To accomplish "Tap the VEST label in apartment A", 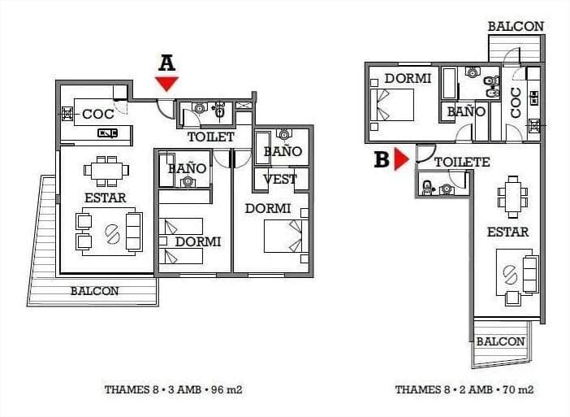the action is coord(280,180).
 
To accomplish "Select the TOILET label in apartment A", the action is coord(211,137).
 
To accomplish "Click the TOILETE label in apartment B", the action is coord(462,162).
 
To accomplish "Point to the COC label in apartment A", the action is coord(98,115).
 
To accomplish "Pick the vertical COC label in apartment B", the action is coord(516,102).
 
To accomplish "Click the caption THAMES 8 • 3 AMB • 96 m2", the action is coord(174,389).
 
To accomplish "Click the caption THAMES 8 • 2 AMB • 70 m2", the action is coord(464,389).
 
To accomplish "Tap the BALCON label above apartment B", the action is coord(516,27).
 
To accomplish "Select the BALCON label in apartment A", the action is coord(94,291).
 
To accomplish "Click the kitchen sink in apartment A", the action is coord(108,133).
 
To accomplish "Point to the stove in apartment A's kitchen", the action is coord(67,114).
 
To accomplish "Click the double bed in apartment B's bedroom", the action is coord(392,105).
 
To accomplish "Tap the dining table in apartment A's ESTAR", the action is coord(106,171).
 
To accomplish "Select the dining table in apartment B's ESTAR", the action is coord(513,197).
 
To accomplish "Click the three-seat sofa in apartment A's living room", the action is coord(134,232).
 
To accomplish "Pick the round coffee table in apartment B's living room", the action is coord(511,275).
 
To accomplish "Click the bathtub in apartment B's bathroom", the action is coord(449,83).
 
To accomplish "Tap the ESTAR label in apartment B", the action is coord(507,232).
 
